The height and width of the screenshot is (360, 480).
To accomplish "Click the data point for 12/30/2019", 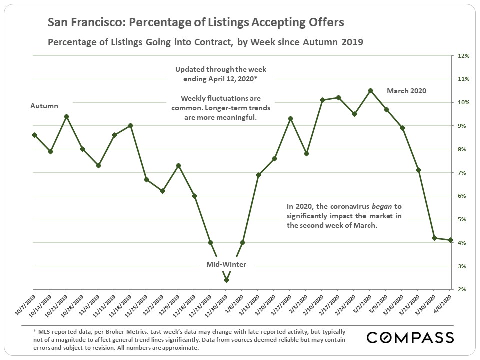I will click(x=226, y=280).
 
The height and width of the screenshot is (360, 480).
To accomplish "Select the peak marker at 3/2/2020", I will click(x=370, y=91).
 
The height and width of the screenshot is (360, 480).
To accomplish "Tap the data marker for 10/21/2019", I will click(x=66, y=116).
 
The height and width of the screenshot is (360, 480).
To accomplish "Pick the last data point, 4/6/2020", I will click(x=451, y=240).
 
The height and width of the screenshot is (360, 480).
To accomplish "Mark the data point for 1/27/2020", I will click(x=290, y=119).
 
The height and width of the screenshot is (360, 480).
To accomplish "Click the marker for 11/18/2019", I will click(x=130, y=126).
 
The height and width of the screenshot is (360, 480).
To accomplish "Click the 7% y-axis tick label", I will click(x=463, y=173).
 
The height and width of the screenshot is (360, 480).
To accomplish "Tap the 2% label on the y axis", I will click(x=463, y=290).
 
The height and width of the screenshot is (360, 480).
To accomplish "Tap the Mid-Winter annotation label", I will click(x=226, y=264).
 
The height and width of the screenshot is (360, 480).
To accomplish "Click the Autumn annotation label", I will click(x=44, y=106).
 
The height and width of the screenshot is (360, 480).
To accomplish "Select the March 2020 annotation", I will click(x=407, y=91).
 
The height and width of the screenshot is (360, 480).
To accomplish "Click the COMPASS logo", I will click(x=410, y=337).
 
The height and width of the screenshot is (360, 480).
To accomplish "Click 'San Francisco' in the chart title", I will click(x=79, y=23).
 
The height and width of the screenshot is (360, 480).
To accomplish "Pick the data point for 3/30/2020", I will click(x=435, y=238).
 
